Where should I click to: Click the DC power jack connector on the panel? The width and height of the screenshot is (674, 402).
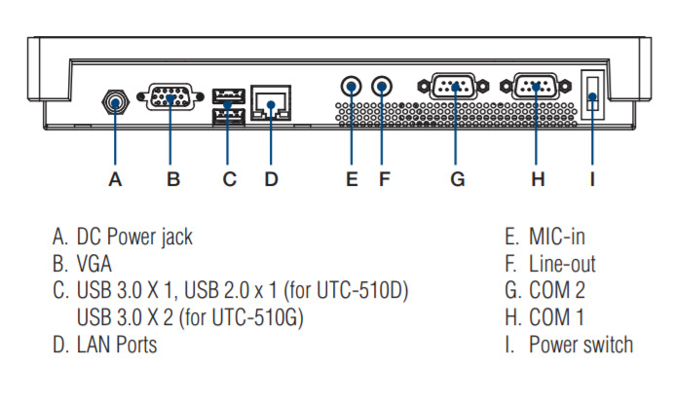point(115,99)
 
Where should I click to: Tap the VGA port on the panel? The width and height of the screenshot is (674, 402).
point(169,98)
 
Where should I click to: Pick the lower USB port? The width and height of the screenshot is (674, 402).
point(227,115)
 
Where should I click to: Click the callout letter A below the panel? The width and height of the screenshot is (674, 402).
point(115,179)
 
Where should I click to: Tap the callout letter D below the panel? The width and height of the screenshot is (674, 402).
point(271,179)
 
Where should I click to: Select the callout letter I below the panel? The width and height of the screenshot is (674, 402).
point(592,179)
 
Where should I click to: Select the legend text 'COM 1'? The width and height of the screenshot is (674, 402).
point(556,317)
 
